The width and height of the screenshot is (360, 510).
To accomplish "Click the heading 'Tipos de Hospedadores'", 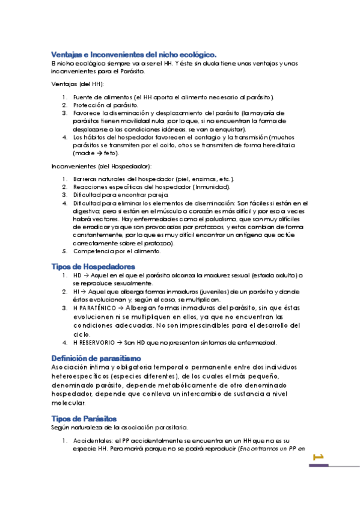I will click(93, 266).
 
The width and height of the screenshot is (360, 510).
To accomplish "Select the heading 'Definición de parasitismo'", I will click(97, 358).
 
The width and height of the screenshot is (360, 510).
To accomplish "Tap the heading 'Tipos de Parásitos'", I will click(84, 418).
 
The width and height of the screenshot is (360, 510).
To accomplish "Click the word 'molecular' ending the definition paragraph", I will click(69, 403).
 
